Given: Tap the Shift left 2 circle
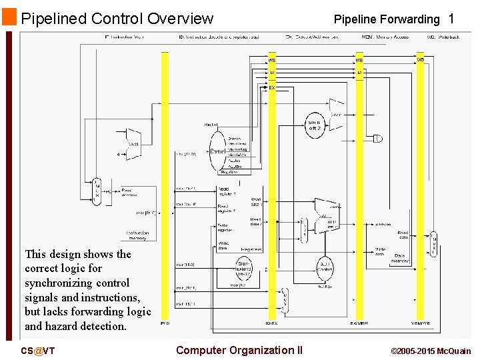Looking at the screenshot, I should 315,125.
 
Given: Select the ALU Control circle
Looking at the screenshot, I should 325,267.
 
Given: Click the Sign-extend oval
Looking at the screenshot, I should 244,269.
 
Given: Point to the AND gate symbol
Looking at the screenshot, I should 378,139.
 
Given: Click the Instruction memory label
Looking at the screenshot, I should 137,235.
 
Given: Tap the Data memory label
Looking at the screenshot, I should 399,259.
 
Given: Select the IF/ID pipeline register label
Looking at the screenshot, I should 165,323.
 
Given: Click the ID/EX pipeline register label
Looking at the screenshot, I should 271,323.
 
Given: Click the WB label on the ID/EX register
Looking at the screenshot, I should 272,61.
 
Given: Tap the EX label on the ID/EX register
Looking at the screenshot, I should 272,87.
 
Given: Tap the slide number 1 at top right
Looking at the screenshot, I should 451,19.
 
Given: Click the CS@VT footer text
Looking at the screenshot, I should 38,351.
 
